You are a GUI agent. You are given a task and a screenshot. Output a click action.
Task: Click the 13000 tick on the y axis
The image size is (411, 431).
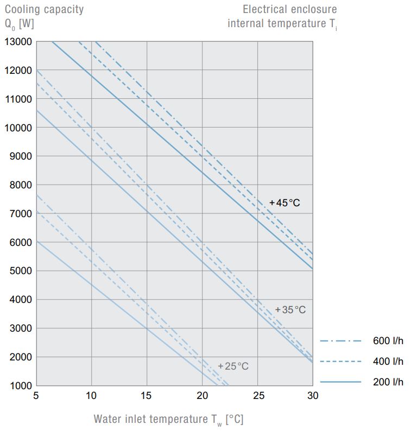(17, 42)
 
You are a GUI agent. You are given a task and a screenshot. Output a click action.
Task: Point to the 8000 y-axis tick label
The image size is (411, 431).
(20, 185)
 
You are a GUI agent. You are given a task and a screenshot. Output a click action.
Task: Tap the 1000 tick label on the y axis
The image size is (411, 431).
(20, 386)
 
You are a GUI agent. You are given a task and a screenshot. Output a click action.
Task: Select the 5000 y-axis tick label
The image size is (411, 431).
(20, 271)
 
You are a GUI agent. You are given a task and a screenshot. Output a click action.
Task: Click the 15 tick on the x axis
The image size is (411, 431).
(147, 396)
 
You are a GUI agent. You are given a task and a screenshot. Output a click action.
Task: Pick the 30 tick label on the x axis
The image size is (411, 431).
(313, 396)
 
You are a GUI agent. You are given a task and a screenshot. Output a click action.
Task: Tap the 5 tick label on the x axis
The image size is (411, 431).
(36, 396)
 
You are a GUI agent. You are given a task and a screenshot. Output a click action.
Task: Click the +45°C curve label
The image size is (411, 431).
(284, 203)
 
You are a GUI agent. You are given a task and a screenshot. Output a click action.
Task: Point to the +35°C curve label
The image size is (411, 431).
(290, 309)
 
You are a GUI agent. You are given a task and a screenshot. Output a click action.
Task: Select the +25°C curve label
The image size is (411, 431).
(233, 366)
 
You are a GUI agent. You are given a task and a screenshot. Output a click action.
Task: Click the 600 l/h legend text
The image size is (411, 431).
(388, 341)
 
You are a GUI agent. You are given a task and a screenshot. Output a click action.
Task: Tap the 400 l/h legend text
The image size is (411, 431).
(388, 362)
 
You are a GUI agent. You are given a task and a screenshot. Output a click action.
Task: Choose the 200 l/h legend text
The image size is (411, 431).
(388, 382)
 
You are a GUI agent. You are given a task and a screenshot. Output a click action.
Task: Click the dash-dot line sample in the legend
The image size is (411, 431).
(340, 341)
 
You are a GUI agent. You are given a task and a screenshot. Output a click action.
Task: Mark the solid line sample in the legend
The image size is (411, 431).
(340, 382)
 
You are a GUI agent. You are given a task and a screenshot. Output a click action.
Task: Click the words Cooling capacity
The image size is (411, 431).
(45, 9)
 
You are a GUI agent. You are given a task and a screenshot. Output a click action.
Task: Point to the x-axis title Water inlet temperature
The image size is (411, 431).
(151, 419)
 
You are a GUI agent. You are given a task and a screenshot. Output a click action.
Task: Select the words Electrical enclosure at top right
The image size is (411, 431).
(289, 9)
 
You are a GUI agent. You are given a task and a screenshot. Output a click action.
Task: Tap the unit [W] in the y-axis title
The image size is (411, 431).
(26, 23)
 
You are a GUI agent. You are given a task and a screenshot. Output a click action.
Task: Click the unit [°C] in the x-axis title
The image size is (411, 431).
(235, 419)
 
